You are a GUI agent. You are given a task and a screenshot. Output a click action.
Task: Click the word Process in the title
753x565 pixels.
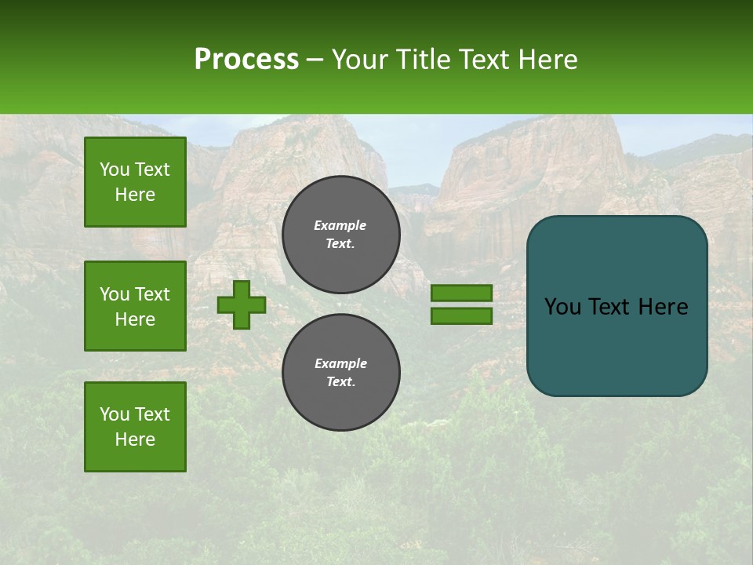246,59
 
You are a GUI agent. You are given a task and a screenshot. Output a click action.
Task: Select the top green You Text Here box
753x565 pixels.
135,182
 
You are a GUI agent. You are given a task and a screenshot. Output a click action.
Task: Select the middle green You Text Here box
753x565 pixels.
135,306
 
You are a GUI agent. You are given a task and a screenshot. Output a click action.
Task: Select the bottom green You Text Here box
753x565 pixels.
135,427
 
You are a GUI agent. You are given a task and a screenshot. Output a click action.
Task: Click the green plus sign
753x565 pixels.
242,304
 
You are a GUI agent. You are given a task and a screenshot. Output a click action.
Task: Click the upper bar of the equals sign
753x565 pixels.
461,293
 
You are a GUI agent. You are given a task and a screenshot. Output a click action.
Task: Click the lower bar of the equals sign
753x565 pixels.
461,316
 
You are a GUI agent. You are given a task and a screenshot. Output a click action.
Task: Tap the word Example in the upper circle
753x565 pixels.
340,225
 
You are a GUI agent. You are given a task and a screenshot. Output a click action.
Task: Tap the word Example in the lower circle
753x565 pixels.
340,363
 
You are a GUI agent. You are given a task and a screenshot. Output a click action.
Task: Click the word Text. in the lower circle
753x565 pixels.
340,381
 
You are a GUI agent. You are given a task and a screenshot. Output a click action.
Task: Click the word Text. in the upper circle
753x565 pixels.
340,243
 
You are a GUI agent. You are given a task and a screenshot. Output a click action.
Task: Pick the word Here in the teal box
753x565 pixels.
663,307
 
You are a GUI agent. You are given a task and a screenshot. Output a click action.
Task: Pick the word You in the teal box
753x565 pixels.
562,307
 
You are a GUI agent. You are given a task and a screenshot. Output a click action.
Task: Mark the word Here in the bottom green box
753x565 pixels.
135,439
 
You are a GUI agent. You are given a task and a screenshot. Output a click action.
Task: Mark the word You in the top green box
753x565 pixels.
115,169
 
